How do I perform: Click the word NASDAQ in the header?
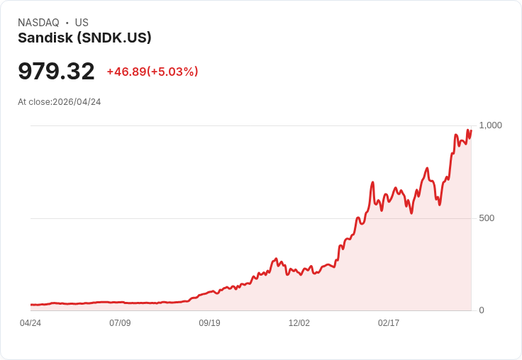point(38,23)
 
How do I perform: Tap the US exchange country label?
point(82,23)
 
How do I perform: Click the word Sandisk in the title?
point(45,38)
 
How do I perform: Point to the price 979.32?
point(56,72)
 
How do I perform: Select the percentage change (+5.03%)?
point(173,72)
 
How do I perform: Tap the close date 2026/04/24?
point(77,102)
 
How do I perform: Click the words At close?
point(34,102)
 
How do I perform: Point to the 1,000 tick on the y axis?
point(490,125)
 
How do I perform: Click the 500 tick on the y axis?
point(487,218)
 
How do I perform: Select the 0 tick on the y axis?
point(482,310)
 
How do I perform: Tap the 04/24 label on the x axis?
point(30,323)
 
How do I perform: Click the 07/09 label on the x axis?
point(120,323)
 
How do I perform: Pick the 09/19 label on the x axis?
point(209,323)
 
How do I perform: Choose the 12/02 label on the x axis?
point(299,323)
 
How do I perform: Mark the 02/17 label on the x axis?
point(389,323)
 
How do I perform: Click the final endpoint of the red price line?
point(470,130)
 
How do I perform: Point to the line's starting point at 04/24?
point(31,305)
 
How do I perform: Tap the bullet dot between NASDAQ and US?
point(67,23)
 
